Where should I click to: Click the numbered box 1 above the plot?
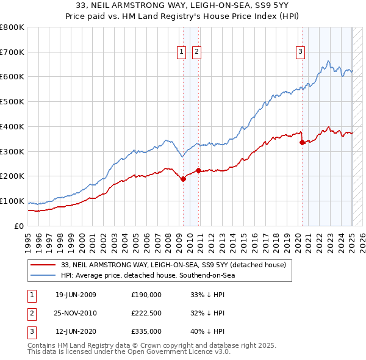182,52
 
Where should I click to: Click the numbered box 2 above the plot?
197,52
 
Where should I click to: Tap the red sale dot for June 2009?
184,179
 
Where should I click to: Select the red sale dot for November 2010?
199,170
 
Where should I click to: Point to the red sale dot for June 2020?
302,142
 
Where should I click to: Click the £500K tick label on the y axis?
12,102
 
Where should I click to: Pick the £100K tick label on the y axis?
12,201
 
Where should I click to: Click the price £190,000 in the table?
146,294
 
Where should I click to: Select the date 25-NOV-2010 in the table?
76,313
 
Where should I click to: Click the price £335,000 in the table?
146,332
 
